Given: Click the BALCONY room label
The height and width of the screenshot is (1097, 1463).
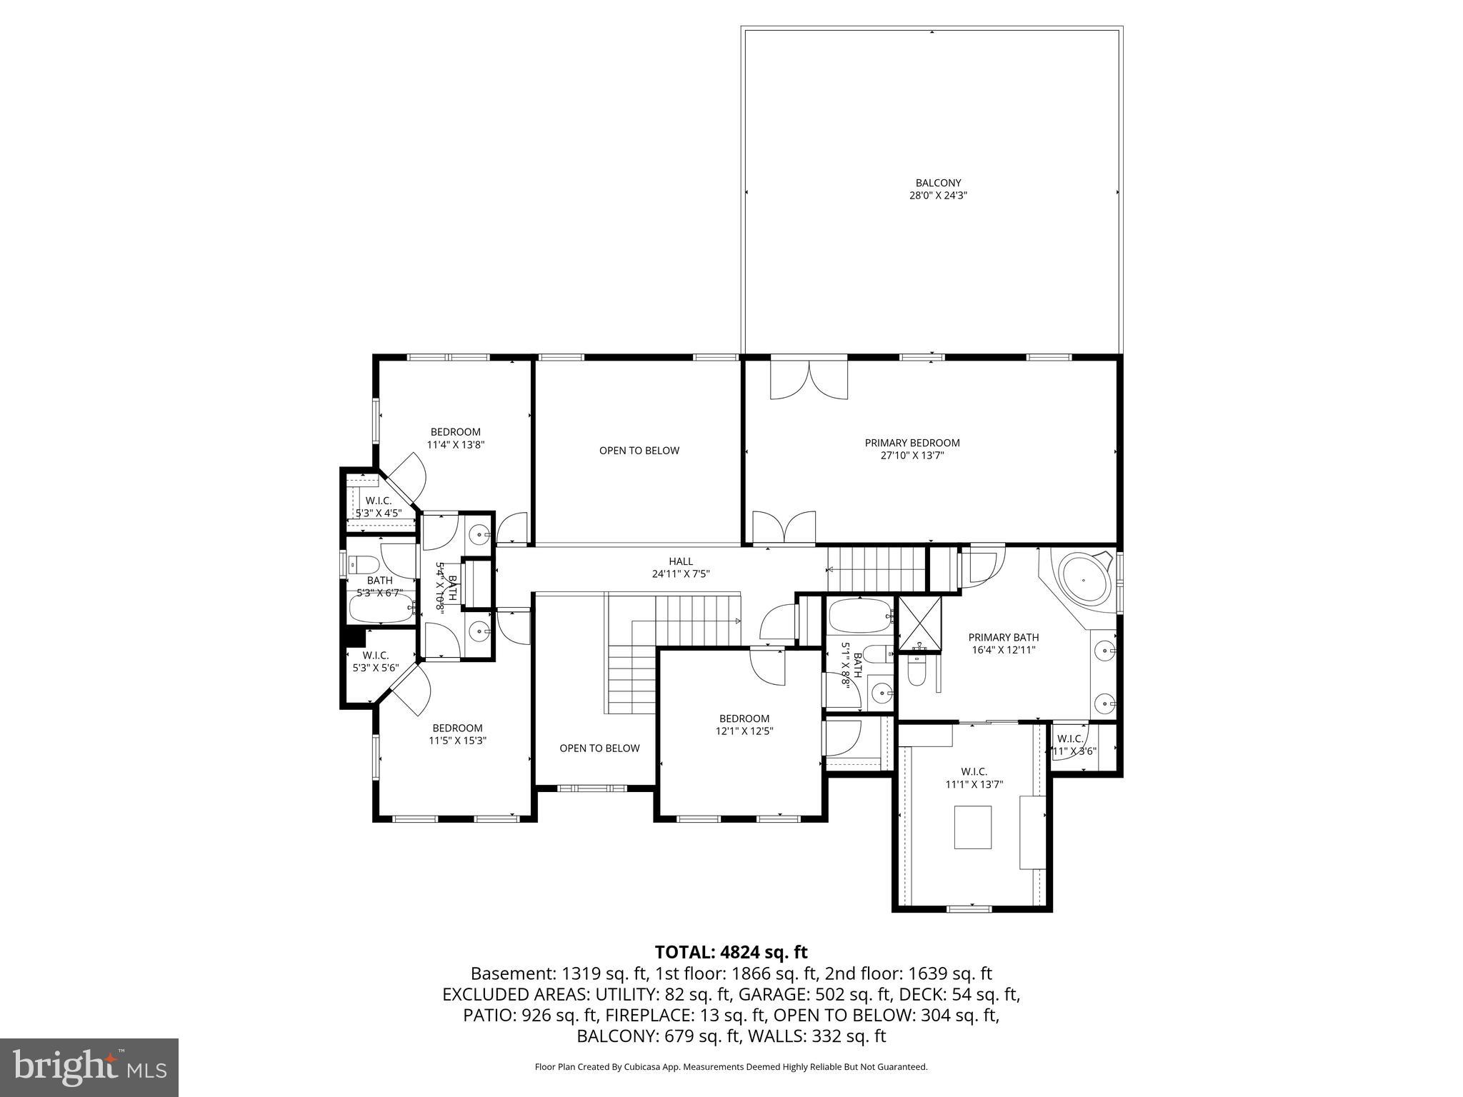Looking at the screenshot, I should [938, 189].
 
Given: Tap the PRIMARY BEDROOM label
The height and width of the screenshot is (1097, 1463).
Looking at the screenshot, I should [912, 449].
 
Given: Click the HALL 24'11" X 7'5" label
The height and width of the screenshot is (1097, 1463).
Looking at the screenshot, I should [680, 568].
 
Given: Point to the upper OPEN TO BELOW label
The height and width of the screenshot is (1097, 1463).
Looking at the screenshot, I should [639, 451].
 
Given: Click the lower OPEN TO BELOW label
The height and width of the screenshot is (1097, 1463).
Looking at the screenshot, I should [599, 748].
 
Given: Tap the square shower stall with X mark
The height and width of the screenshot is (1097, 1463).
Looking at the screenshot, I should [919, 625].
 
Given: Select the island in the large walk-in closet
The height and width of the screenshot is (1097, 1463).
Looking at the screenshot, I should [973, 827].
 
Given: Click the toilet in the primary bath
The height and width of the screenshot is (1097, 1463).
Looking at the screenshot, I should [915, 671].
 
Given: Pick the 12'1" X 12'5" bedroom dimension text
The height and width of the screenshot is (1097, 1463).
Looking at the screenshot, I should [744, 731].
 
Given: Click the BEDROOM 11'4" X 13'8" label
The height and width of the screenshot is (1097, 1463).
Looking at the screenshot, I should [455, 438].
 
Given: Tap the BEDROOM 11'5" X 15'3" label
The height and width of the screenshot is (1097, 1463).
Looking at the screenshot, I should [457, 735].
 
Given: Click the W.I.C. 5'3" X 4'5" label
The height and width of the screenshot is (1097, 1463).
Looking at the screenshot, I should [378, 506].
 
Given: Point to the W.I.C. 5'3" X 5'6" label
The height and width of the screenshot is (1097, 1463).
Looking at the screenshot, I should [375, 661].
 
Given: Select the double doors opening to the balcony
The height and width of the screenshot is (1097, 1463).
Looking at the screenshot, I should [809, 381].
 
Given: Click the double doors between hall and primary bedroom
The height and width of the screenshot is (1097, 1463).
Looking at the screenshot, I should [784, 529].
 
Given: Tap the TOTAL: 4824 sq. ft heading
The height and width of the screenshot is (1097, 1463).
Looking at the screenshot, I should [731, 952].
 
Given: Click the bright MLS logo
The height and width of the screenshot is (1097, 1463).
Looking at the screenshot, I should [89, 1067].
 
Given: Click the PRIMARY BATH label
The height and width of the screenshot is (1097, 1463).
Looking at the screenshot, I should [1003, 643].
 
